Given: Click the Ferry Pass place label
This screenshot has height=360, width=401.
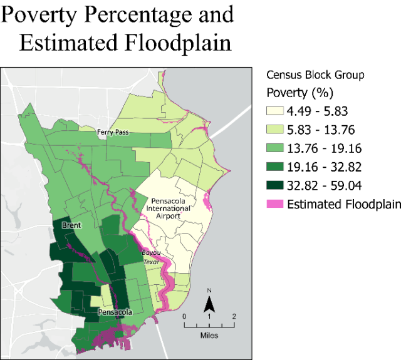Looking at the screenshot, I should point(113,133).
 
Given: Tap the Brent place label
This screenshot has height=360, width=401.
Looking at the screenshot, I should point(71,225).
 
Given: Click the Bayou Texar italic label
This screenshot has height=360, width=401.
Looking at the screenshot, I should point(152,257).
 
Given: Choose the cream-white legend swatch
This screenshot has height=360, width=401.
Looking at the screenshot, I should point(275,111).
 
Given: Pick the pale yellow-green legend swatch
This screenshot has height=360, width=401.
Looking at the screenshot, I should point(275,129).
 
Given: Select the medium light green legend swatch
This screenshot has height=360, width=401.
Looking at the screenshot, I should point(275,148).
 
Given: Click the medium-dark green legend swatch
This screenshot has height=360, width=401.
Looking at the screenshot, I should point(275,166).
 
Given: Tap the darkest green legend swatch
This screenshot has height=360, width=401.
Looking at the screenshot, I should point(275,185).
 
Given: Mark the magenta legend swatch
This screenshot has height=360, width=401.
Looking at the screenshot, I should point(275,203).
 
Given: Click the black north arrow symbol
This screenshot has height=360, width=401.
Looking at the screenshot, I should point(211,304).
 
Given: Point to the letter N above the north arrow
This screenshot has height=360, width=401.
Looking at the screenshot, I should point(211,291).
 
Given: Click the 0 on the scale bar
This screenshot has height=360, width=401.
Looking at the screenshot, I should point(184,316).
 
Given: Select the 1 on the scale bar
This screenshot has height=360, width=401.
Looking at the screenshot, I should point(209,316).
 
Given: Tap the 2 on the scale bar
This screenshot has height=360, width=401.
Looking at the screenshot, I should point(234,316).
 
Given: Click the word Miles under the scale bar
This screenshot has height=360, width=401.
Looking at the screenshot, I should point(209,336).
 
